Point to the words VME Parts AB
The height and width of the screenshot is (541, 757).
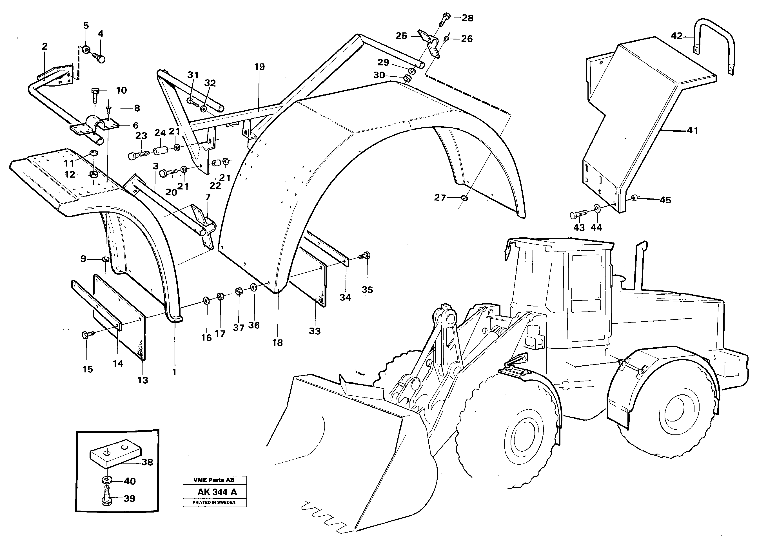coord(214,480)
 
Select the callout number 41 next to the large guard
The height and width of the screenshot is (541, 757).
coord(692,131)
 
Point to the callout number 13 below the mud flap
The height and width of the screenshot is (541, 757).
coord(143,380)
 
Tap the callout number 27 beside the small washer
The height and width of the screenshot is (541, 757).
coord(440,198)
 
